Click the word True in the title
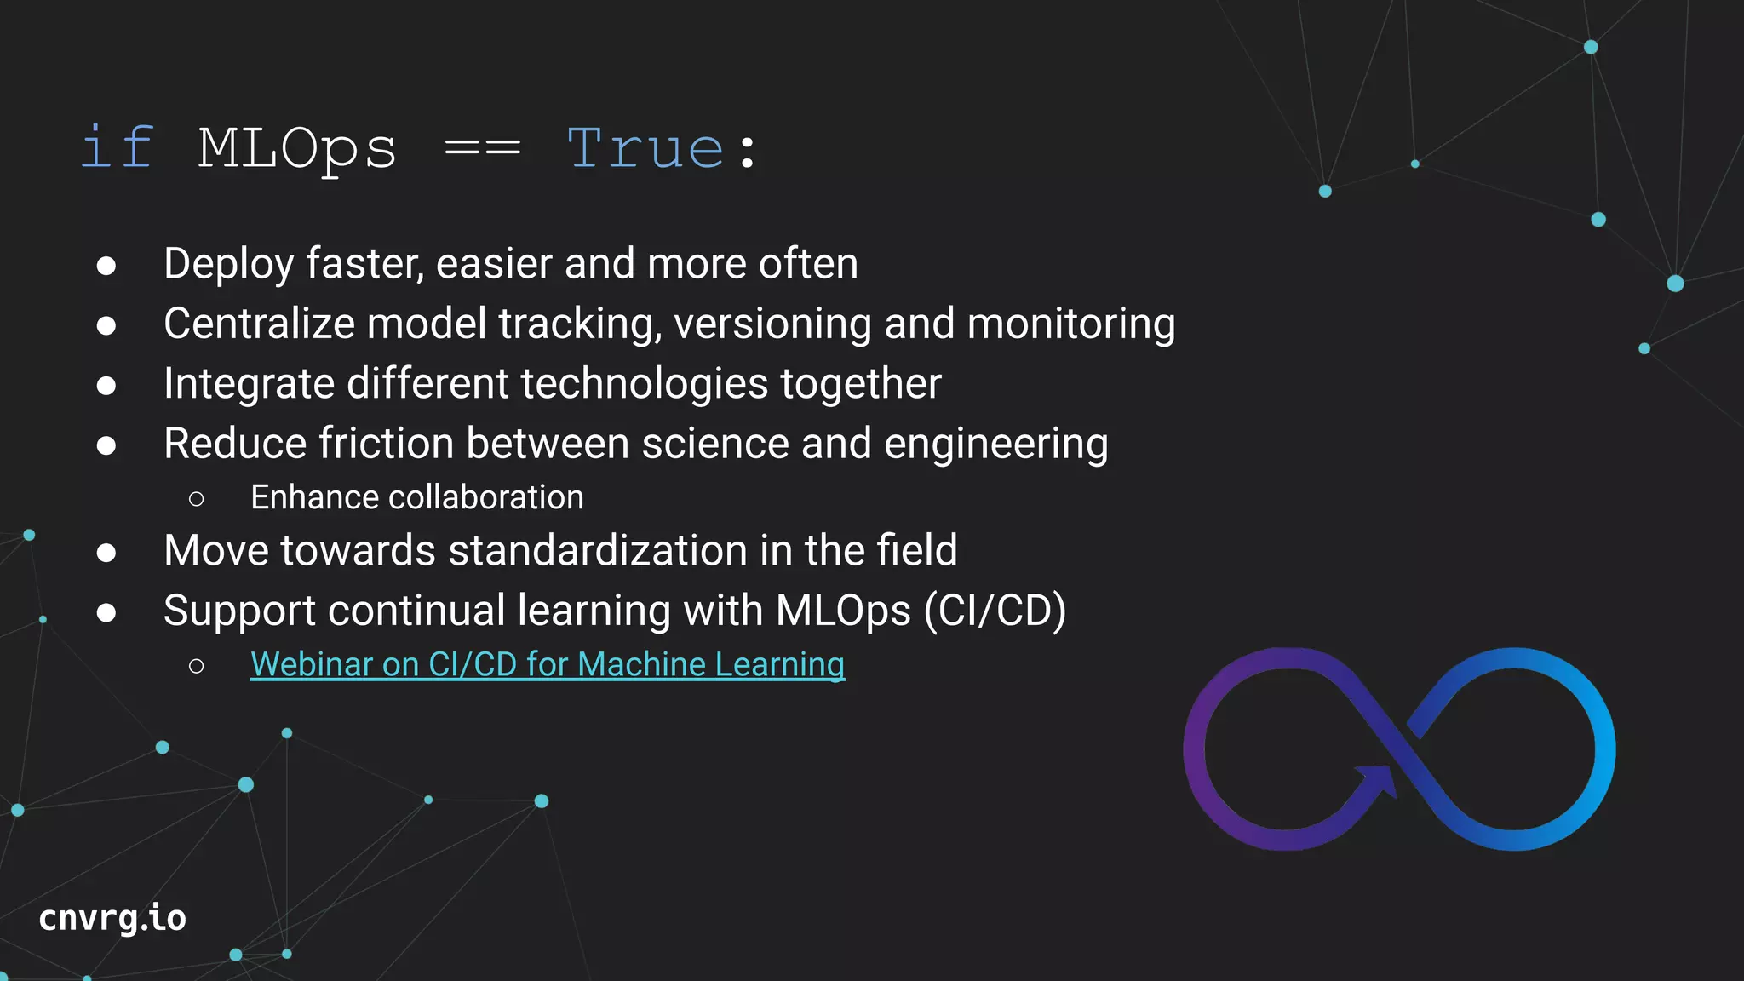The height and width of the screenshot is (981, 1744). pos(645,148)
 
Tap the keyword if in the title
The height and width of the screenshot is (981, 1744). pos(118,148)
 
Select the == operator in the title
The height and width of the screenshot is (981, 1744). pos(482,148)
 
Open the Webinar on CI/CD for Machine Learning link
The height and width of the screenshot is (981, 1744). pos(547,664)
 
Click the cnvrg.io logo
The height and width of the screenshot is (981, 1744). pos(112,918)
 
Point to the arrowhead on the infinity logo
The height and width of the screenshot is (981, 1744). pos(1376,778)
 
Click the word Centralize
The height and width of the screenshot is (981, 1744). pos(259,324)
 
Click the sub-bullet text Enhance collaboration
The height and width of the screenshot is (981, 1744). pos(416,497)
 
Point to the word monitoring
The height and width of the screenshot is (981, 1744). pos(1070,324)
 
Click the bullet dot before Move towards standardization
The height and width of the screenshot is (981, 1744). pos(106,553)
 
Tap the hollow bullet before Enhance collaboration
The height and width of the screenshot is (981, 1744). pos(197,499)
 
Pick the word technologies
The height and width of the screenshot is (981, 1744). pos(645,383)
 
